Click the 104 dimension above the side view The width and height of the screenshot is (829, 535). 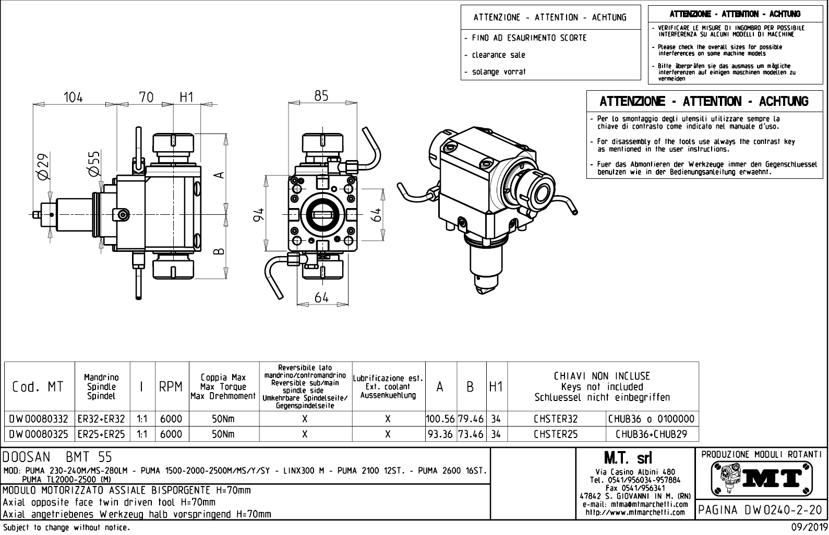pyautogui.click(x=73, y=97)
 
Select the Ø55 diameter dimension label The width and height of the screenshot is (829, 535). pyautogui.click(x=94, y=164)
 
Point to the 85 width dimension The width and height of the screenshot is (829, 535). pyautogui.click(x=322, y=96)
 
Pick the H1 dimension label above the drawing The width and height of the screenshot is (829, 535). pyautogui.click(x=186, y=97)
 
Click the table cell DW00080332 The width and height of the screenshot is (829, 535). pyautogui.click(x=39, y=419)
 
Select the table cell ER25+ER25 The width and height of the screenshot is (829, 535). pyautogui.click(x=102, y=434)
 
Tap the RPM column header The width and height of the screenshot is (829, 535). pyautogui.click(x=171, y=387)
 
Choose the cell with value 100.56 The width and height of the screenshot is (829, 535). pyautogui.click(x=441, y=419)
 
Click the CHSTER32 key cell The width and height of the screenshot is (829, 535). pyautogui.click(x=556, y=419)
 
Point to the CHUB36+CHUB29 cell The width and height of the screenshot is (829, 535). pyautogui.click(x=652, y=434)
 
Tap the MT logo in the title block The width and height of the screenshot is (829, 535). pyautogui.click(x=762, y=477)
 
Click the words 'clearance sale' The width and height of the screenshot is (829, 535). pyautogui.click(x=498, y=55)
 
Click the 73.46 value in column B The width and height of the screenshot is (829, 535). pyautogui.click(x=471, y=434)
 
